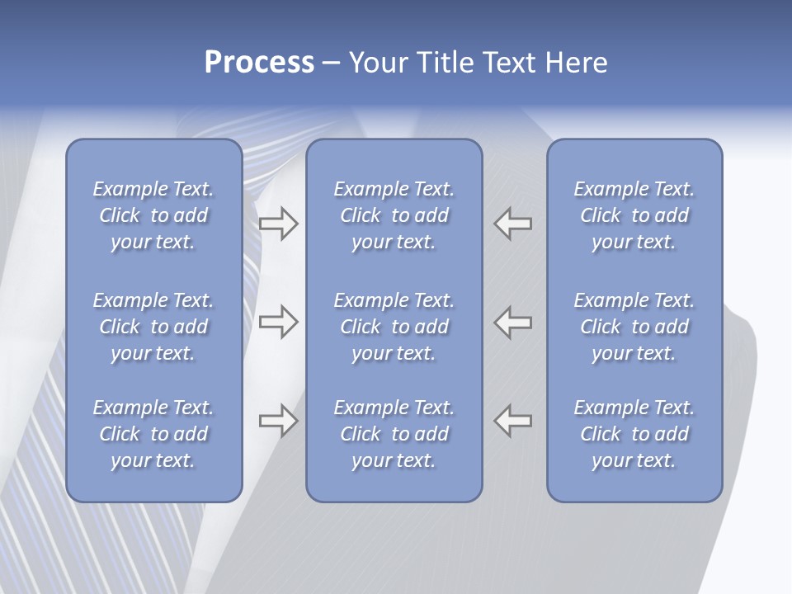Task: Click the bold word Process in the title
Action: [x=259, y=63]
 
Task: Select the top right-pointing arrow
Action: [x=278, y=224]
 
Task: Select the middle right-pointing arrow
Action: [x=278, y=322]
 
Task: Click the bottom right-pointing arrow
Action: [x=278, y=421]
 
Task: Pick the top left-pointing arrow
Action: [x=512, y=224]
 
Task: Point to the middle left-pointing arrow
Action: [x=512, y=322]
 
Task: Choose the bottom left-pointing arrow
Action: [x=512, y=421]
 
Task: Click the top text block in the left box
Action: [x=153, y=215]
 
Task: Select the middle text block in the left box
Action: [x=153, y=327]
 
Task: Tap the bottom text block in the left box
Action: [x=153, y=434]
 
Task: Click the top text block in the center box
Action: [x=394, y=215]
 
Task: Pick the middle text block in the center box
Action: [x=394, y=327]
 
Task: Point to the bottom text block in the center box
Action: [x=394, y=434]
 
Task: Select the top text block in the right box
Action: [x=634, y=215]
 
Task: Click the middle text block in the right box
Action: [x=634, y=327]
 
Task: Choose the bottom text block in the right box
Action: [x=634, y=434]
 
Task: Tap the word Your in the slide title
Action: [x=375, y=63]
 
